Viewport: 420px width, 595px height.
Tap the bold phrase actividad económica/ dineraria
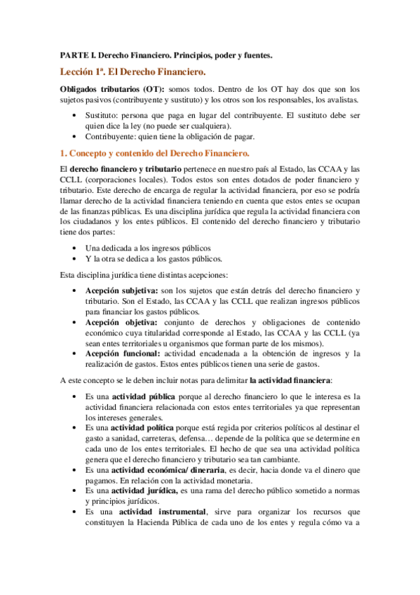pos(163,469)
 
